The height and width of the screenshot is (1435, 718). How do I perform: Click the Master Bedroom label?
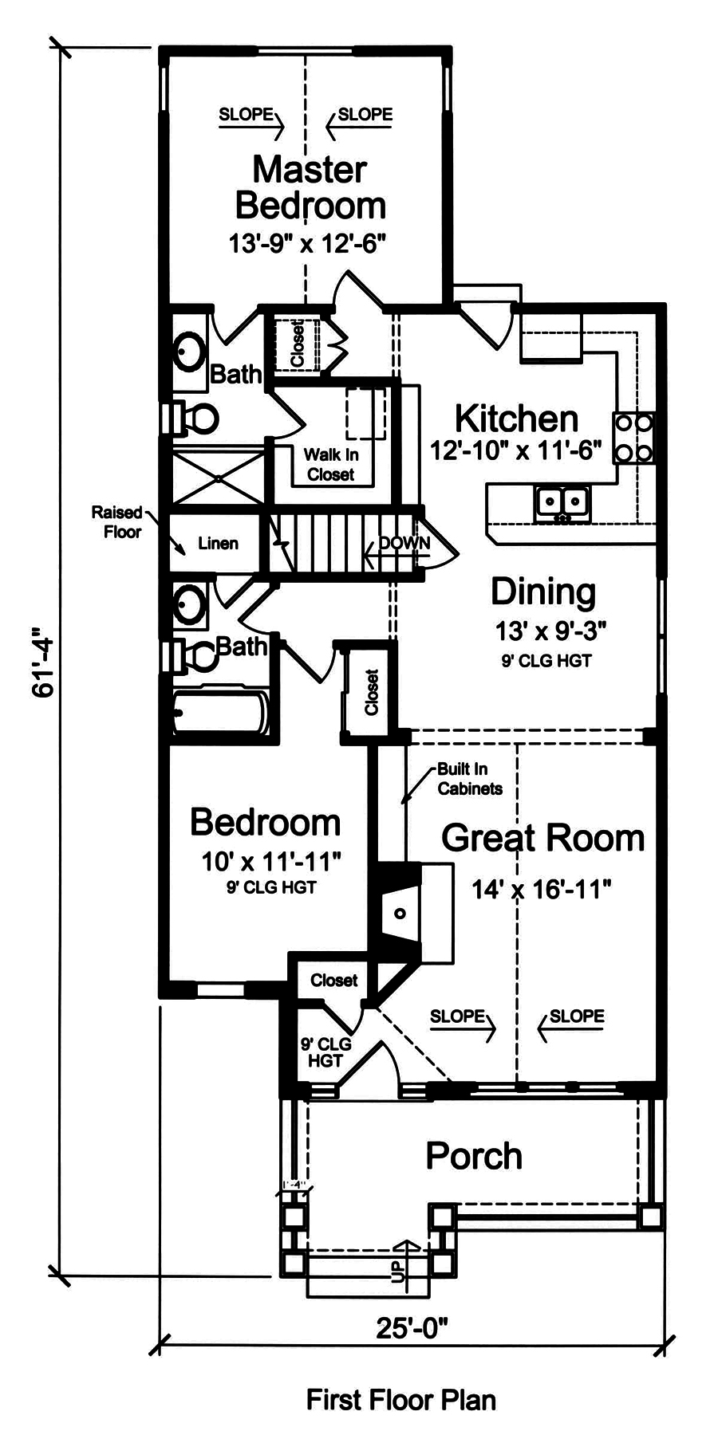[x=310, y=187]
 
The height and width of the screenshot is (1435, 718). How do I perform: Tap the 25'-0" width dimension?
[x=412, y=1328]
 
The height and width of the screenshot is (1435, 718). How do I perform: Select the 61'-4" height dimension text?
[x=44, y=666]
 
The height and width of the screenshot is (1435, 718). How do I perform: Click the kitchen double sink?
[x=562, y=501]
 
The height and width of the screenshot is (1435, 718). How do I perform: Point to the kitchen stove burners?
[x=633, y=438]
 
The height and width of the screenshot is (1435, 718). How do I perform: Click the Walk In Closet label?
[x=331, y=465]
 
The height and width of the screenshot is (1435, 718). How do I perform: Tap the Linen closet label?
[x=218, y=544]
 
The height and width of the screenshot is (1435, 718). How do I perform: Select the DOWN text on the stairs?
[x=404, y=543]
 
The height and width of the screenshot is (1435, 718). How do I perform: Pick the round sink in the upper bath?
[x=191, y=353]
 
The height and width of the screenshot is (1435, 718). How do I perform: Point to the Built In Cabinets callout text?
[x=469, y=779]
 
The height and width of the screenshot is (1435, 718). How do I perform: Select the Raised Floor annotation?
[x=117, y=522]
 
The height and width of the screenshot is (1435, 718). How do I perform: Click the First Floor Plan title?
[x=400, y=1399]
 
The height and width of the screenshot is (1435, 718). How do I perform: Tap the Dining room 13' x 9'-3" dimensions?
[x=550, y=631]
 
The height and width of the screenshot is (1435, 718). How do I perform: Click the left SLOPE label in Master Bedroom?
[x=247, y=115]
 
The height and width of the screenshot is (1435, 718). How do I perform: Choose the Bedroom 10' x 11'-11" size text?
[x=271, y=861]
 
